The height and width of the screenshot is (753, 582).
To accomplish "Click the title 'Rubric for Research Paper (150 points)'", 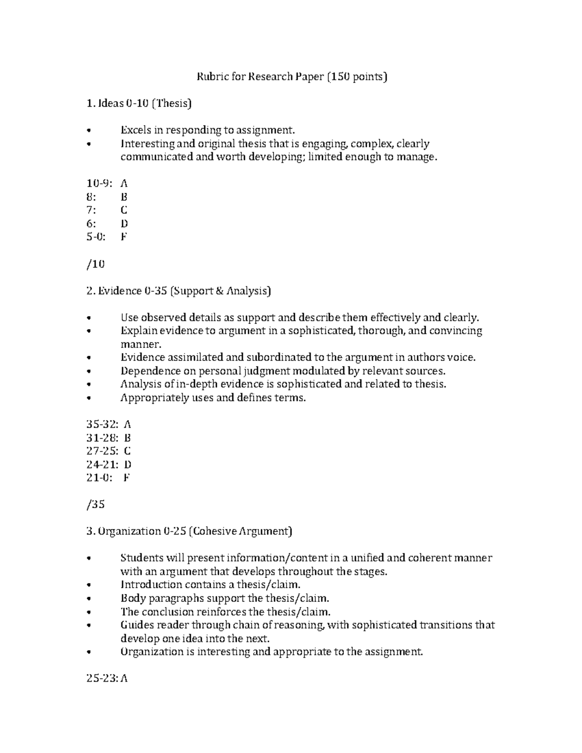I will (x=291, y=77).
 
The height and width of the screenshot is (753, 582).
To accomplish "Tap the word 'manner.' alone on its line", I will (x=140, y=344).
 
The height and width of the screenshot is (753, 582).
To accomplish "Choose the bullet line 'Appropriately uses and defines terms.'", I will (x=213, y=398).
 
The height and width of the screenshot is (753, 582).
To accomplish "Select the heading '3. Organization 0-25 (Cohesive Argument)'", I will (x=189, y=531).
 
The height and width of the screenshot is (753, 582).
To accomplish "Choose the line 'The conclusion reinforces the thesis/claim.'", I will (x=225, y=611).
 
